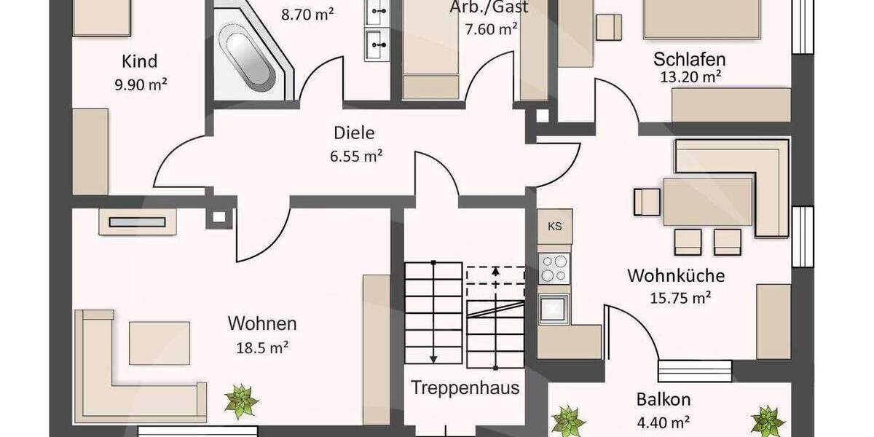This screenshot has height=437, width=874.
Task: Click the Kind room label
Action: [140, 61]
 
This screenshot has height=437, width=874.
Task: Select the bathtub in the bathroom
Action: [248, 57]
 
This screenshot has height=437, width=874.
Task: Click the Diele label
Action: [354, 133]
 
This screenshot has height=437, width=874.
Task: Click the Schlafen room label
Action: [689, 58]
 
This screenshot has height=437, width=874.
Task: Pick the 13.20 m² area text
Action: [689, 76]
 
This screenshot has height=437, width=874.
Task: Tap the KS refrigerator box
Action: [555, 226]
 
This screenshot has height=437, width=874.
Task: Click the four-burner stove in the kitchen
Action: [555, 267]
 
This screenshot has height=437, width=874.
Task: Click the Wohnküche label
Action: [676, 276]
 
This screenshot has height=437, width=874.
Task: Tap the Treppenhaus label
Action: [465, 387]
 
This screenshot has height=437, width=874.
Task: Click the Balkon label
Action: [663, 400]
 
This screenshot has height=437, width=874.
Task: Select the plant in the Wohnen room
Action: [241, 401]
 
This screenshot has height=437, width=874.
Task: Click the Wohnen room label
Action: [262, 323]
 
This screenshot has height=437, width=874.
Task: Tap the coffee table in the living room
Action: [160, 342]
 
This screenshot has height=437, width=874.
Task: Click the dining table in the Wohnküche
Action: [706, 202]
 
